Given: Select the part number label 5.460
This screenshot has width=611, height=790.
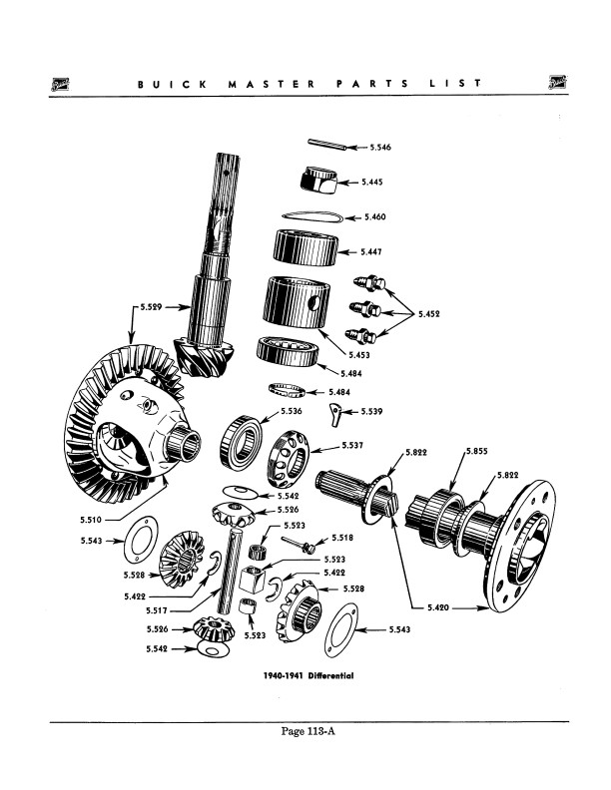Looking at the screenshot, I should [x=376, y=216].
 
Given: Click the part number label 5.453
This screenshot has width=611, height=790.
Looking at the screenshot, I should [x=361, y=353].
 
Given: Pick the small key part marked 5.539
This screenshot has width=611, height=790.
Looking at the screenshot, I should [x=338, y=412].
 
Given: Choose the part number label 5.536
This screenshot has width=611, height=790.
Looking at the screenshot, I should [x=291, y=411].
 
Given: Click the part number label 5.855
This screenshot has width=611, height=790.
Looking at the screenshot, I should [x=476, y=452].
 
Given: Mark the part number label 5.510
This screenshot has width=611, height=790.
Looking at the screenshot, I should [x=93, y=519].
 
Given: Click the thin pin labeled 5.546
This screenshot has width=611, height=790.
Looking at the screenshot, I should [x=324, y=144].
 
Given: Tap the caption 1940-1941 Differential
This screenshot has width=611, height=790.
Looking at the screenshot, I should [x=309, y=675].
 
